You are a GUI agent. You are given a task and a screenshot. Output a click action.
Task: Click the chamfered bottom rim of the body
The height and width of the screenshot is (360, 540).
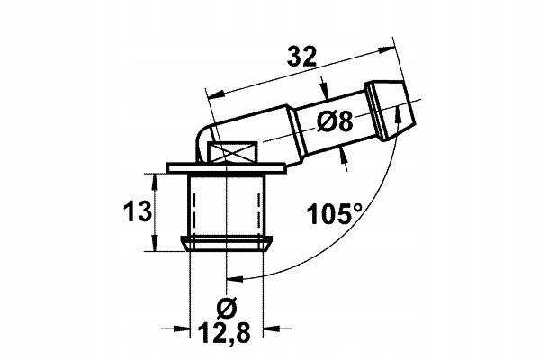[228, 242]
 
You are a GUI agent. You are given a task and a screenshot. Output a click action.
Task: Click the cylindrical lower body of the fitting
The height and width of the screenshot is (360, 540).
[228, 205]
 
